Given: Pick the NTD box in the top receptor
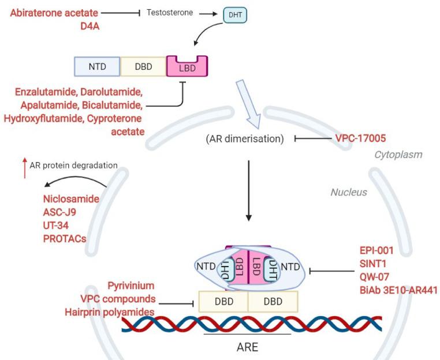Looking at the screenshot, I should point(97,67).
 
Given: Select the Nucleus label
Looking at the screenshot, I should point(348,192).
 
